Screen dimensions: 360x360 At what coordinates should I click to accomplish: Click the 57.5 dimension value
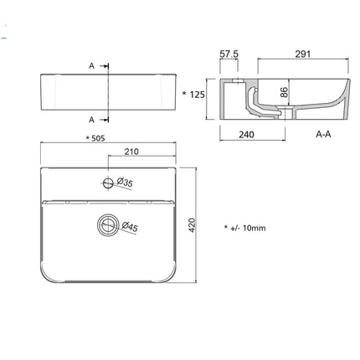[229, 54]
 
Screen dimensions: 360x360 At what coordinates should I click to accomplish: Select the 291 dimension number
[303, 54]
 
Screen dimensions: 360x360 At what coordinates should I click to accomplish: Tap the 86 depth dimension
[284, 92]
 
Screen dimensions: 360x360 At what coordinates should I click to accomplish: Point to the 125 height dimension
[198, 95]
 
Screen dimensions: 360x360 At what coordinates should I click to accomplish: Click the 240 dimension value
[246, 135]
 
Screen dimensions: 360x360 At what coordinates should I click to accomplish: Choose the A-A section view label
[323, 134]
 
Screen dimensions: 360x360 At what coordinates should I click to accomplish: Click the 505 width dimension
[98, 138]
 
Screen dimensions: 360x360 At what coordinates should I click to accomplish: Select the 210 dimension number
[131, 152]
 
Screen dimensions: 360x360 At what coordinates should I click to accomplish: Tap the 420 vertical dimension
[192, 225]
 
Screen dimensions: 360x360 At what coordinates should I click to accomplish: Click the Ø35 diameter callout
[125, 183]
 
